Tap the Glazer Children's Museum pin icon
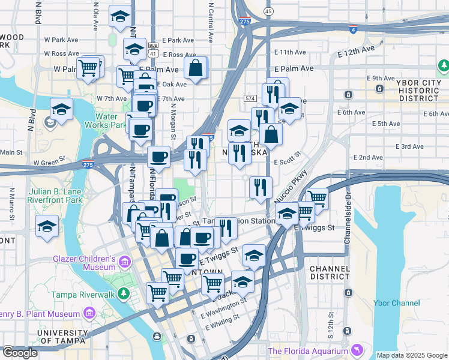pyautogui.click(x=124, y=262)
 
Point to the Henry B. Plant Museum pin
pyautogui.click(x=89, y=313)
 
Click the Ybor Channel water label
pyautogui.click(x=396, y=303)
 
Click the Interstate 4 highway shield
pyautogui.click(x=352, y=28)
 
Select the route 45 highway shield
pyautogui.click(x=268, y=11)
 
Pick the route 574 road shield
pyautogui.click(x=250, y=97)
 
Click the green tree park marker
pyautogui.click(x=444, y=65)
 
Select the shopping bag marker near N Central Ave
pyautogui.click(x=196, y=68)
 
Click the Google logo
pyautogui.click(x=20, y=353)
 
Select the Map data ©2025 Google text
pyautogui.click(x=411, y=355)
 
